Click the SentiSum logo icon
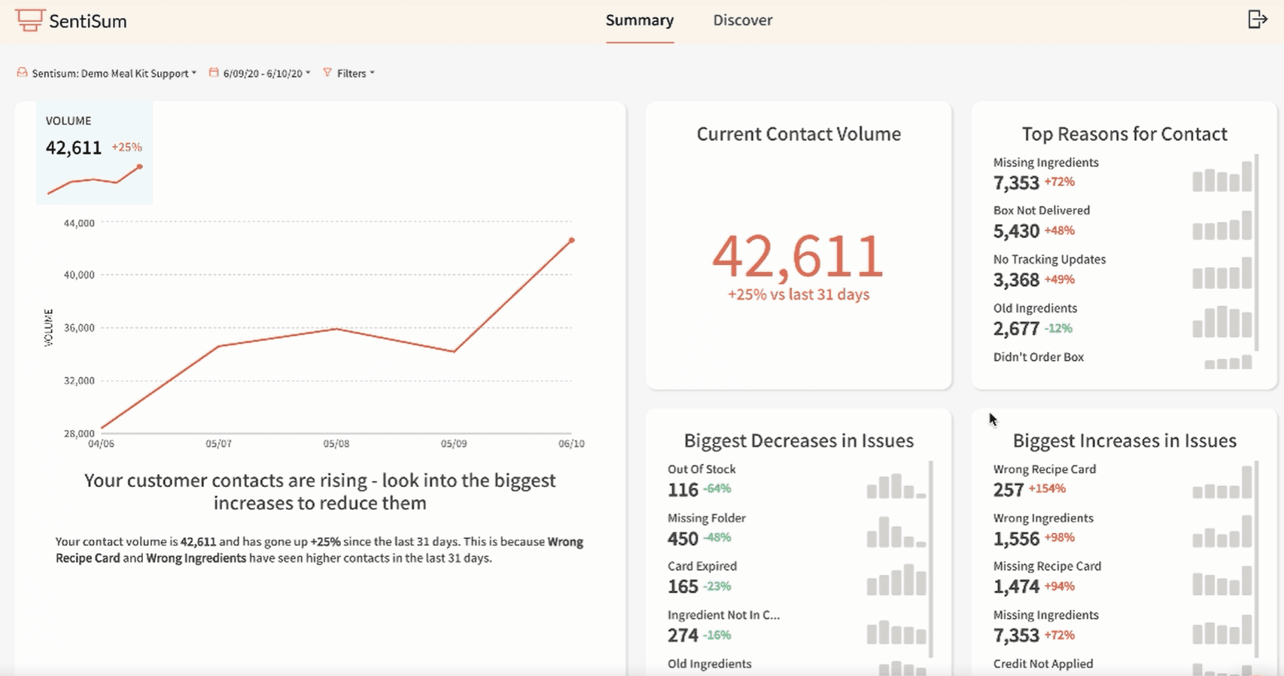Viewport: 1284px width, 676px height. pos(29,20)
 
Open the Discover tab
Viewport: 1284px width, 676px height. pos(742,20)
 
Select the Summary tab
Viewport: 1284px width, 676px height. pos(639,20)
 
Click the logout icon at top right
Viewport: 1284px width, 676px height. pos(1257,20)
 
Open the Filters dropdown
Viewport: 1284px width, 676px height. pos(351,73)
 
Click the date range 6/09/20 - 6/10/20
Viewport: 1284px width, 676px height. pos(262,73)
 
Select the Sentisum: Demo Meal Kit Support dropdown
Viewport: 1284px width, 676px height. pos(110,73)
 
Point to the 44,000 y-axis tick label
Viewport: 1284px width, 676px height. pos(79,223)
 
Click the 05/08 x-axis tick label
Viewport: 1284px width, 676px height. pos(336,443)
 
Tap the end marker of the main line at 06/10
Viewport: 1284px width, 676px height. pos(571,240)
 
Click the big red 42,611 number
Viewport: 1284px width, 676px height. pos(798,256)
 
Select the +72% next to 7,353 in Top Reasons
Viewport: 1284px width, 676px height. pos(1059,181)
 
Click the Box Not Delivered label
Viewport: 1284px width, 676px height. pos(1041,210)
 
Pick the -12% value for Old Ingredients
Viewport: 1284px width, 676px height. pos(1058,328)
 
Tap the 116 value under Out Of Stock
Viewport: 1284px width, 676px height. pos(683,490)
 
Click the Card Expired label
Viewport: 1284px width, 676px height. pos(701,566)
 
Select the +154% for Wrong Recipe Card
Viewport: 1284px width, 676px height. pos(1047,489)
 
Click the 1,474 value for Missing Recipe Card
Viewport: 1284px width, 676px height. pos(1016,586)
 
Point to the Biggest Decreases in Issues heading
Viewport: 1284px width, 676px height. pos(798,440)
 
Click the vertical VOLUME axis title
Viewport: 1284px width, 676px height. pos(49,327)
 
